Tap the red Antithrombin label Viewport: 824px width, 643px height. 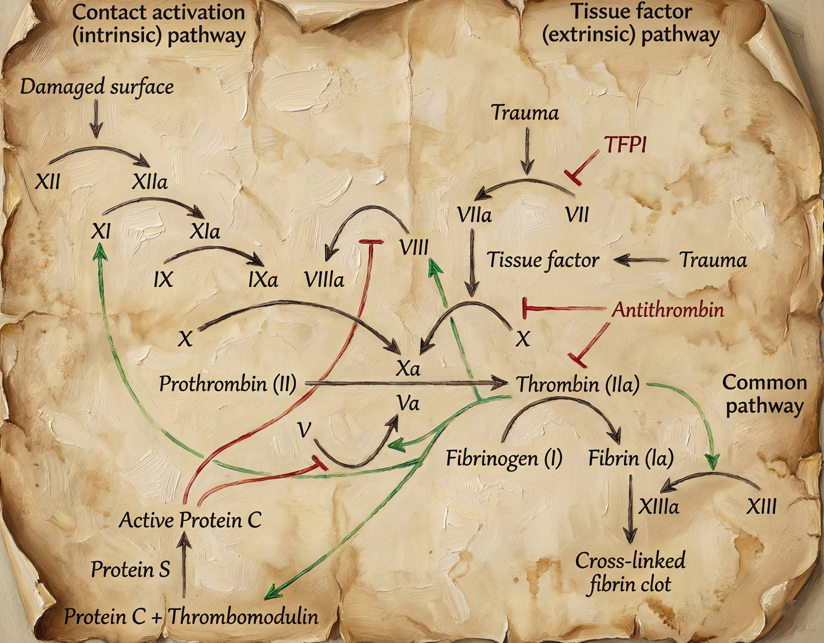pyautogui.click(x=667, y=310)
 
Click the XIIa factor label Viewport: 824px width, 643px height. pyautogui.click(x=150, y=183)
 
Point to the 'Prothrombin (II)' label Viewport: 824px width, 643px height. pyautogui.click(x=228, y=384)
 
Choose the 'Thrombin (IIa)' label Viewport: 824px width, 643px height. pyautogui.click(x=578, y=384)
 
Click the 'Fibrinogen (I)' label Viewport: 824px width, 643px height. pyautogui.click(x=504, y=459)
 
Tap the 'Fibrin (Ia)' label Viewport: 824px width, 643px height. pyautogui.click(x=631, y=459)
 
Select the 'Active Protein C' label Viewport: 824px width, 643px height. pyautogui.click(x=190, y=520)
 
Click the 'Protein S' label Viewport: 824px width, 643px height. pyautogui.click(x=131, y=569)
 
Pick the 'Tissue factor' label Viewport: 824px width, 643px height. pyautogui.click(x=543, y=260)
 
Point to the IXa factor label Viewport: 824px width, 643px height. pyautogui.click(x=263, y=280)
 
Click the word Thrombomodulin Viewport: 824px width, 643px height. pyautogui.click(x=243, y=617)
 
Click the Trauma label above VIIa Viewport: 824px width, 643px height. pyautogui.click(x=526, y=113)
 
